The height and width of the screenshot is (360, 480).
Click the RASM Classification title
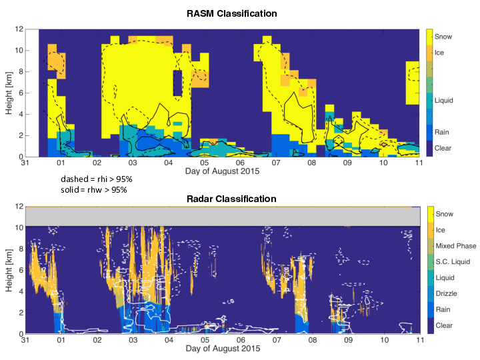pos(229,13)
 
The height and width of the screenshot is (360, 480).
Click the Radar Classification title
pos(229,199)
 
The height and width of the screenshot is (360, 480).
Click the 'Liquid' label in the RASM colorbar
pos(444,101)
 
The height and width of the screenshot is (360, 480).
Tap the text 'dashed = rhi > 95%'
pos(94,179)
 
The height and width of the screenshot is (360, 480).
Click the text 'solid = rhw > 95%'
pos(94,190)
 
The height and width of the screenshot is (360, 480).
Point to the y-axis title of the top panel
pos(9,93)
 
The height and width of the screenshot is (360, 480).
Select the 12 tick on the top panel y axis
pos(20,29)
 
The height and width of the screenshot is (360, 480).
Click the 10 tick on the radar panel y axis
pos(20,227)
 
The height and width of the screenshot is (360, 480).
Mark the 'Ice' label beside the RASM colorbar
pos(440,52)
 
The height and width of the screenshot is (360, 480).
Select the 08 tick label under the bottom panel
pos(312,341)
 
